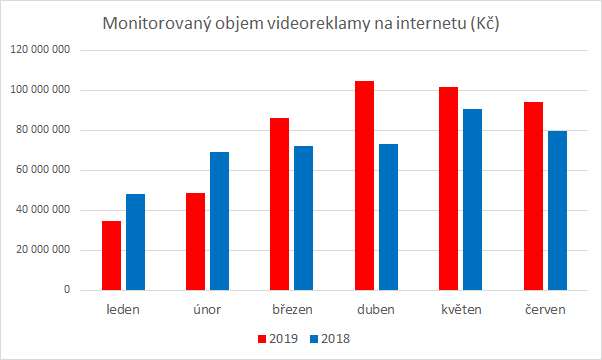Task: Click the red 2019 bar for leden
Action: (111, 255)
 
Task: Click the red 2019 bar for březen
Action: (279, 204)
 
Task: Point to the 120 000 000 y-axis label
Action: (40, 50)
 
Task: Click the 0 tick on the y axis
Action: (65, 290)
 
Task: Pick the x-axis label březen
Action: (291, 310)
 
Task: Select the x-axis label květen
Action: (459, 310)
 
